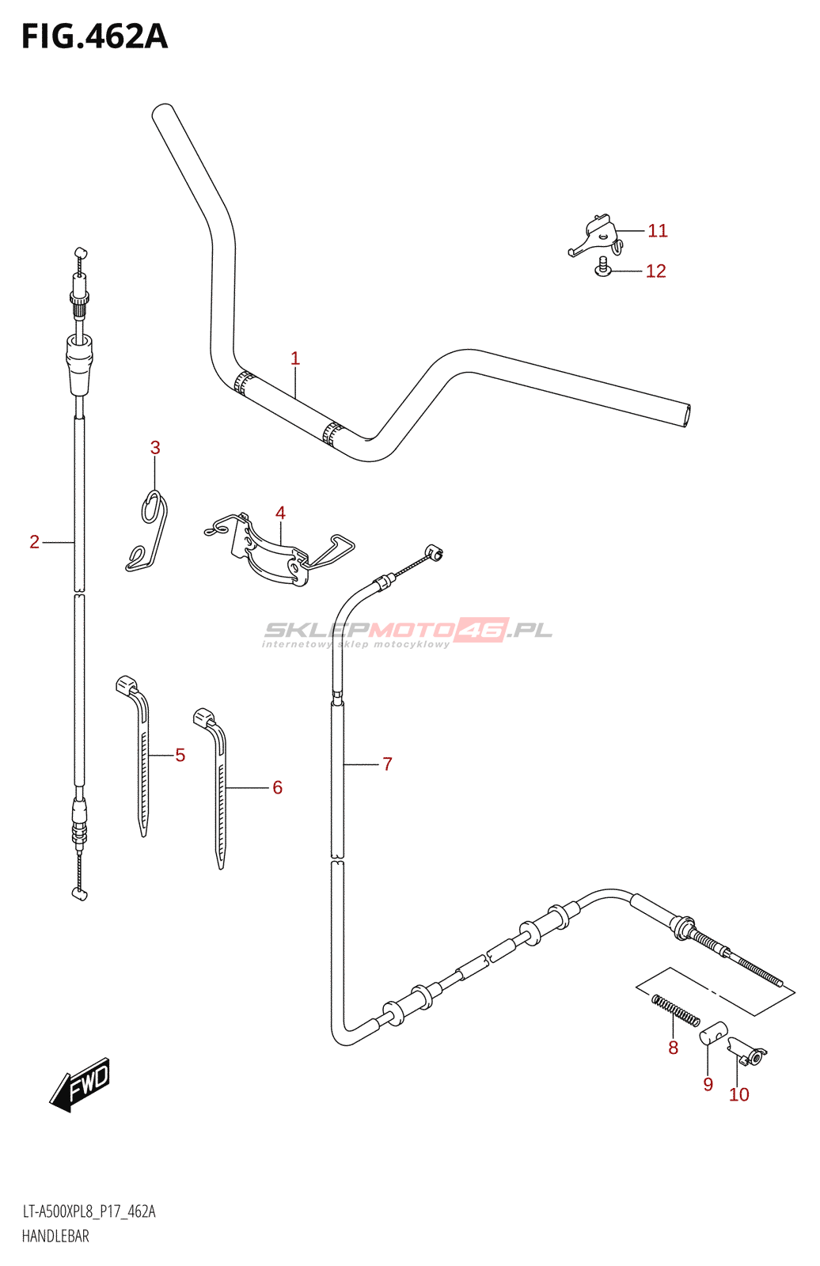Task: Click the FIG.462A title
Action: (95, 36)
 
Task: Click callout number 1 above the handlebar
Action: (295, 358)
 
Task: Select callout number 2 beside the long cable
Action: (34, 542)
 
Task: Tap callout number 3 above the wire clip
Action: (155, 448)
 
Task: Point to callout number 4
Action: (280, 513)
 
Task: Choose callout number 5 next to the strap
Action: (180, 756)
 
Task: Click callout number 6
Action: (277, 787)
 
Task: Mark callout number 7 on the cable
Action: (387, 764)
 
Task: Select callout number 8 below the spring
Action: (673, 1048)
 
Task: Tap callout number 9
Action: (708, 1084)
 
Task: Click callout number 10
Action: (738, 1094)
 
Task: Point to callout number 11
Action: (658, 230)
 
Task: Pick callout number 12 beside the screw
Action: (655, 271)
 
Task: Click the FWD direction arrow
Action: (80, 1084)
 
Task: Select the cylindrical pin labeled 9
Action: (713, 1033)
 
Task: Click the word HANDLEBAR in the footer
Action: (55, 1236)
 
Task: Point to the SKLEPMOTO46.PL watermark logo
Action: (408, 631)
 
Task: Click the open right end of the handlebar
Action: (686, 415)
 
